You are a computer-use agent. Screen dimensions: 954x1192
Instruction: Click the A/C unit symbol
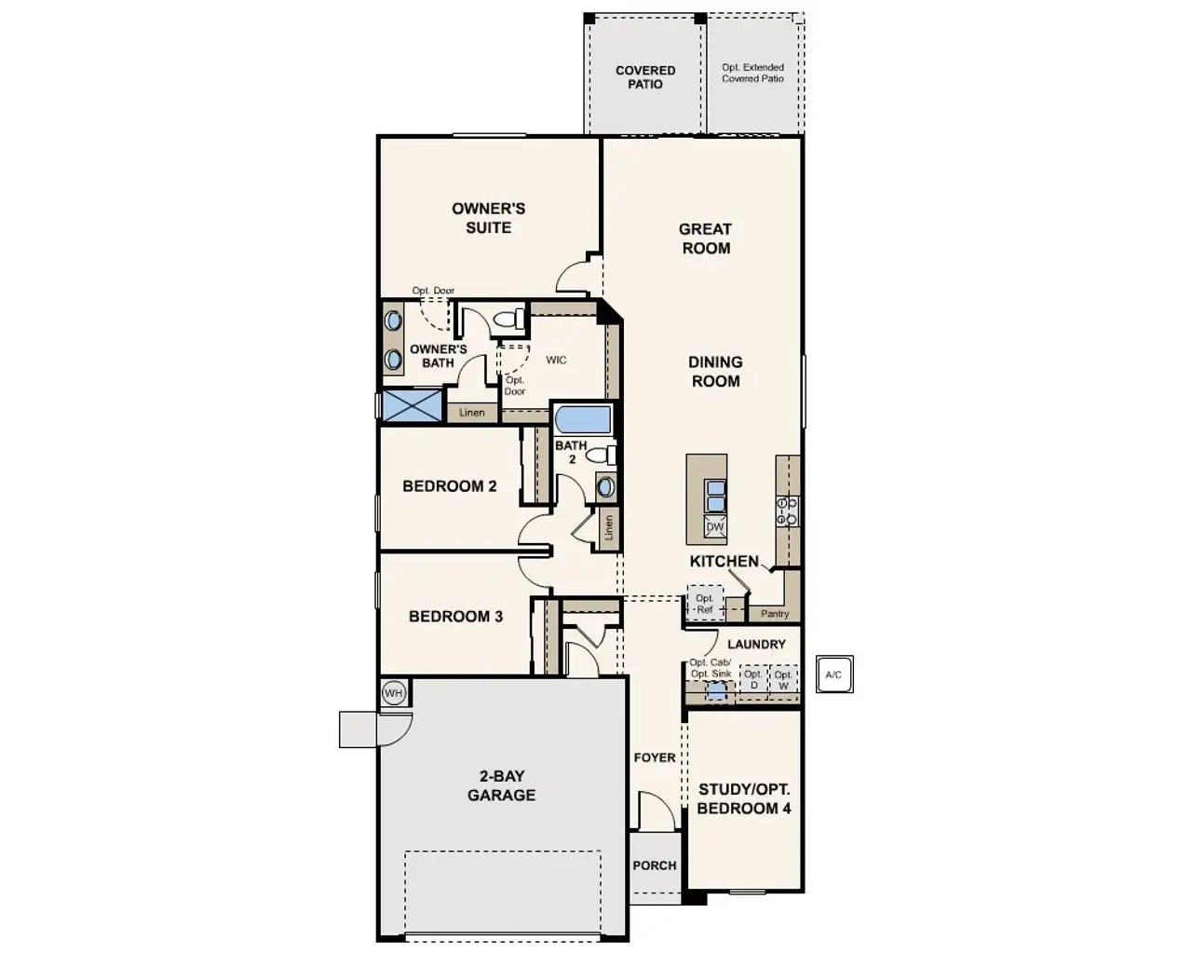[x=833, y=675]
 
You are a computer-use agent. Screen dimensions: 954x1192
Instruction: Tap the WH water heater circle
[x=394, y=693]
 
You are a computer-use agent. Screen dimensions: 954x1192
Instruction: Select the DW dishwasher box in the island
[x=714, y=527]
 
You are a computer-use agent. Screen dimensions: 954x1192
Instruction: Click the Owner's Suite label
[x=488, y=218]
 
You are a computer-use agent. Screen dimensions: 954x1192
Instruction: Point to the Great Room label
[x=705, y=238]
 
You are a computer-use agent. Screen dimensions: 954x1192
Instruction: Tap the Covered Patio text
[x=644, y=77]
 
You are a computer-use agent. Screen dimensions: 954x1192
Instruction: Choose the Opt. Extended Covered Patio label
[x=752, y=74]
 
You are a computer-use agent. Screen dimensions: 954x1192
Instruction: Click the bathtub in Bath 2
[x=583, y=419]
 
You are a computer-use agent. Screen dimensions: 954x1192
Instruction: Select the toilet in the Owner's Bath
[x=508, y=320]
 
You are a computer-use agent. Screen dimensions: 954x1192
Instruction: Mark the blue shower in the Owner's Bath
[x=412, y=406]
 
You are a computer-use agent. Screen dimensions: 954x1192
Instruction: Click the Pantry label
[x=774, y=614]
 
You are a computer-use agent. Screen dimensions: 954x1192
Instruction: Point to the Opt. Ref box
[x=704, y=604]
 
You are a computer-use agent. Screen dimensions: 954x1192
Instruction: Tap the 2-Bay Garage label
[x=501, y=785]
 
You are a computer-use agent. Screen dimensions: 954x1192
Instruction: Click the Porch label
[x=654, y=865]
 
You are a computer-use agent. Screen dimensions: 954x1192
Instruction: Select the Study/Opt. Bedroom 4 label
[x=743, y=799]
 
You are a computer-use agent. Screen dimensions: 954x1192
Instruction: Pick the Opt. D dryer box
[x=752, y=680]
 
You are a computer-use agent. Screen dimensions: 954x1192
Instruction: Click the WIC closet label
[x=556, y=361]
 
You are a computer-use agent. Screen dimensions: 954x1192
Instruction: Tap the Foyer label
[x=654, y=757]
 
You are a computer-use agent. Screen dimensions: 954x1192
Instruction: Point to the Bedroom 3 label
[x=455, y=617]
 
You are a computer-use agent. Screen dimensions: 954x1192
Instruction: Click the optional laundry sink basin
[x=715, y=691]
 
